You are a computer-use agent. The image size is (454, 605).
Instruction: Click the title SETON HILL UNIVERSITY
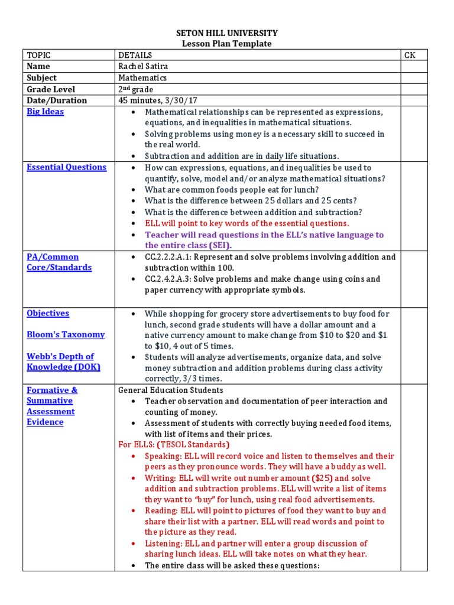(x=227, y=33)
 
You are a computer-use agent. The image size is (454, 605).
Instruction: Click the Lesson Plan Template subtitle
(x=227, y=44)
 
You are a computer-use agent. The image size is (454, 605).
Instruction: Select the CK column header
(x=410, y=55)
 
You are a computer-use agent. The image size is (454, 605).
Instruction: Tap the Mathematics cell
(x=142, y=77)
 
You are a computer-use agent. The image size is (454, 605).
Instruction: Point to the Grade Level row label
(x=51, y=89)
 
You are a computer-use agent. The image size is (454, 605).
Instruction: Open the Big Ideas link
(x=45, y=112)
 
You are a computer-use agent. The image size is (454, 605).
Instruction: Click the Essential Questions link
(x=66, y=167)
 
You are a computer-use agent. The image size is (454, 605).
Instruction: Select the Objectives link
(x=48, y=313)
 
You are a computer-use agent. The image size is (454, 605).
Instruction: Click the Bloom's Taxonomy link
(x=66, y=334)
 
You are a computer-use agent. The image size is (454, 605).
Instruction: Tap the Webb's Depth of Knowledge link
(x=60, y=362)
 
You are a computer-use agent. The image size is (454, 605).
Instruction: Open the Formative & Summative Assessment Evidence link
(x=52, y=406)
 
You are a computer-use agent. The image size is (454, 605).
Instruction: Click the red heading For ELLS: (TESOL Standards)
(x=174, y=444)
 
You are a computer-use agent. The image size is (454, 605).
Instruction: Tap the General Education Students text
(x=171, y=390)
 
